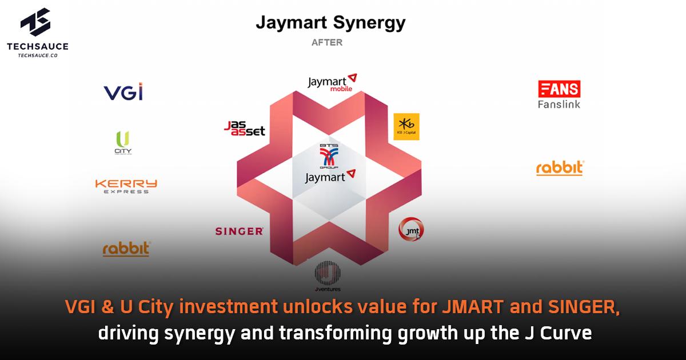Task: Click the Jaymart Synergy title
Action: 330,23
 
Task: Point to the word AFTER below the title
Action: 327,42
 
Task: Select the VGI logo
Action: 123,91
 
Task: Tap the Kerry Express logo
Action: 126,186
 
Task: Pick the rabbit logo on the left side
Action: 126,249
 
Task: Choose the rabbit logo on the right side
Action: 560,168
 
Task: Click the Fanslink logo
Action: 559,95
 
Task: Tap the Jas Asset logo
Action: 245,128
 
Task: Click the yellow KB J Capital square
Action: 406,127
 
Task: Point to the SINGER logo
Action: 239,231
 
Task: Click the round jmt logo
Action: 411,230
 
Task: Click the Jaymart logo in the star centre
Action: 330,176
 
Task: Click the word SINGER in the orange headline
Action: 583,308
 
